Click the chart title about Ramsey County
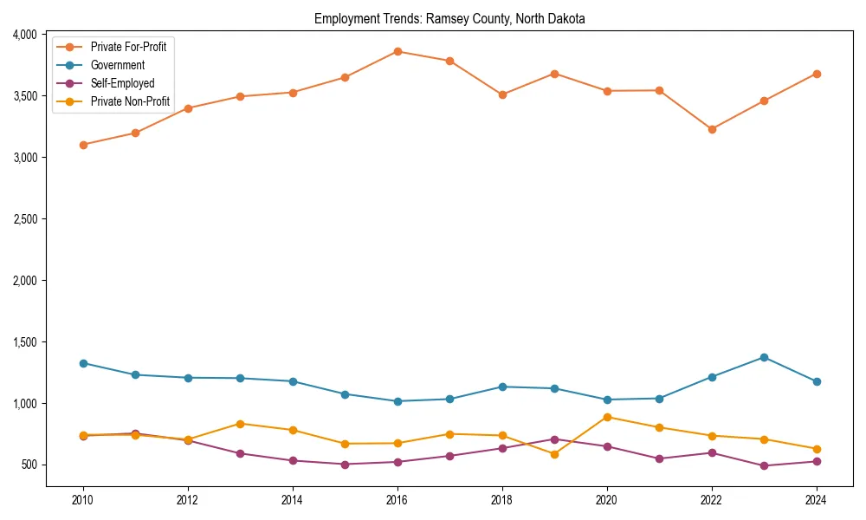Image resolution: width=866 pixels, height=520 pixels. tap(449, 19)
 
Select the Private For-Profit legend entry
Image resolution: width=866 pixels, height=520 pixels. tap(128, 47)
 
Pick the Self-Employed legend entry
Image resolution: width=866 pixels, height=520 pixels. tap(122, 84)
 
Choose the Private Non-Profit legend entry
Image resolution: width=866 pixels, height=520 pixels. tap(130, 102)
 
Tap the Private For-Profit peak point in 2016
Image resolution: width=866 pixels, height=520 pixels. tap(397, 51)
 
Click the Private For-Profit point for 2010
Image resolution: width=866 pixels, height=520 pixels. tap(83, 145)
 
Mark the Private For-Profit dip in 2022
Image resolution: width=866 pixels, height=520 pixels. tap(712, 129)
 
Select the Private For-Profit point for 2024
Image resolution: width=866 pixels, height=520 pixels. tap(817, 74)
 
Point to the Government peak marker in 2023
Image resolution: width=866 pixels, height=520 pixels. tap(764, 357)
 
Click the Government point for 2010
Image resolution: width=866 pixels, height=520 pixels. tap(83, 363)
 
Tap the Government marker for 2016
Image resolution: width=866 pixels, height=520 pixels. tap(397, 401)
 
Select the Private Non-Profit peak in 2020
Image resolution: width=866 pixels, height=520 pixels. tap(607, 417)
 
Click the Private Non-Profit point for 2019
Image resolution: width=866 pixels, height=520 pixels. tap(554, 454)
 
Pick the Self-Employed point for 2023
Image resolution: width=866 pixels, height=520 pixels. tap(764, 465)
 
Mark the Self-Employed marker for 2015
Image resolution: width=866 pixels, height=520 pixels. tap(345, 465)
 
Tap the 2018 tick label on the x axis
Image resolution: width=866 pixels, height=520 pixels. tap(502, 500)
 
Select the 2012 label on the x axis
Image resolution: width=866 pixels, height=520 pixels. tap(188, 500)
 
